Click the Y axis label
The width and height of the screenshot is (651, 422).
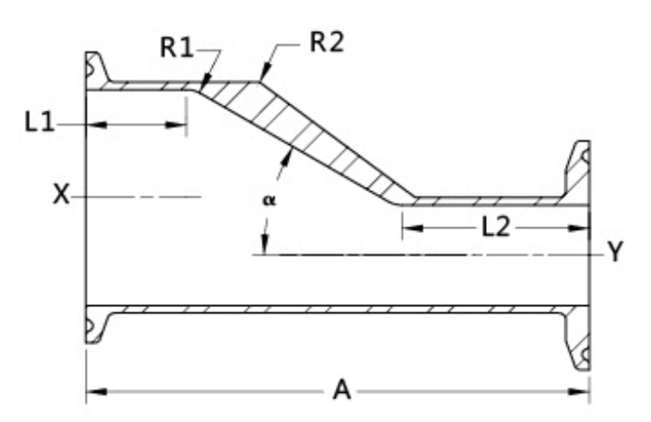coord(616,253)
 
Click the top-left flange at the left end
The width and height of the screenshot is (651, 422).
coord(95,70)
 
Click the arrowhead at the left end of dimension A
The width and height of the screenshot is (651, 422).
coord(94,389)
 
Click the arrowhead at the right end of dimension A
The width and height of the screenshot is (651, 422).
coord(582,389)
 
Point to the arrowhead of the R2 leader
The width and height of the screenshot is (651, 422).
coord(262,79)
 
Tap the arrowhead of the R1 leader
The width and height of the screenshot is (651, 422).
coord(201,87)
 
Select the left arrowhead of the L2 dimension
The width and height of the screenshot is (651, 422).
coord(410,228)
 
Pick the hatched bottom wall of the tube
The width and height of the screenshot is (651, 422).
coord(336,311)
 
